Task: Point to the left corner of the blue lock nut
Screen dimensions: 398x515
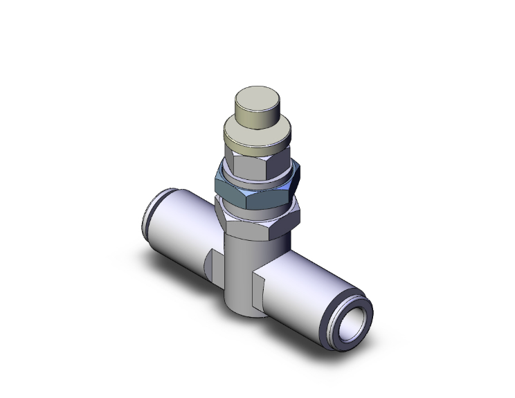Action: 217,186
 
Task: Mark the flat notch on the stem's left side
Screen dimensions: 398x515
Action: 213,264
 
